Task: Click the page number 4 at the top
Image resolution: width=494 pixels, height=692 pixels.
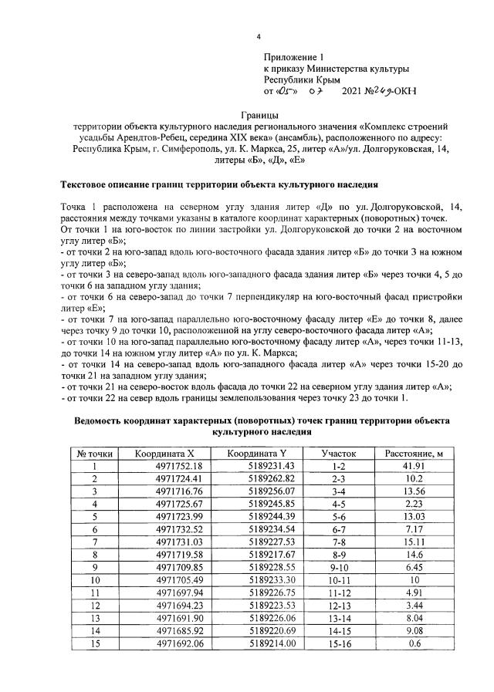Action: point(259,37)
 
